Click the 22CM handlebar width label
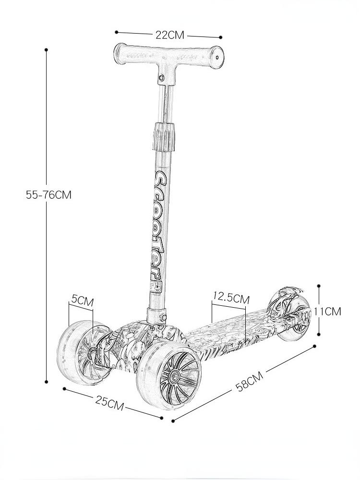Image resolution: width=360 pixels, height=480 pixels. click(x=170, y=35)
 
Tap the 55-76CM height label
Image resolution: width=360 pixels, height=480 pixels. click(x=48, y=195)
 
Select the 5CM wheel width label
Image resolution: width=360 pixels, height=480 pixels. click(x=82, y=301)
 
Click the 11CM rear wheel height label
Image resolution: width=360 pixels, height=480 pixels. click(x=327, y=312)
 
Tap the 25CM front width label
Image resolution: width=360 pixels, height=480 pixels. click(x=109, y=403)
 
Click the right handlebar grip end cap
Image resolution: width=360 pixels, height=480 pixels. click(x=216, y=58)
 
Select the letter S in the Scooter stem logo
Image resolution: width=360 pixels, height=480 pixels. click(x=161, y=179)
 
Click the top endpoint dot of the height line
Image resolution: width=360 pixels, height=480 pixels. click(x=46, y=49)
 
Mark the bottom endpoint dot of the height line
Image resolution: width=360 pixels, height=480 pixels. click(x=46, y=382)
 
